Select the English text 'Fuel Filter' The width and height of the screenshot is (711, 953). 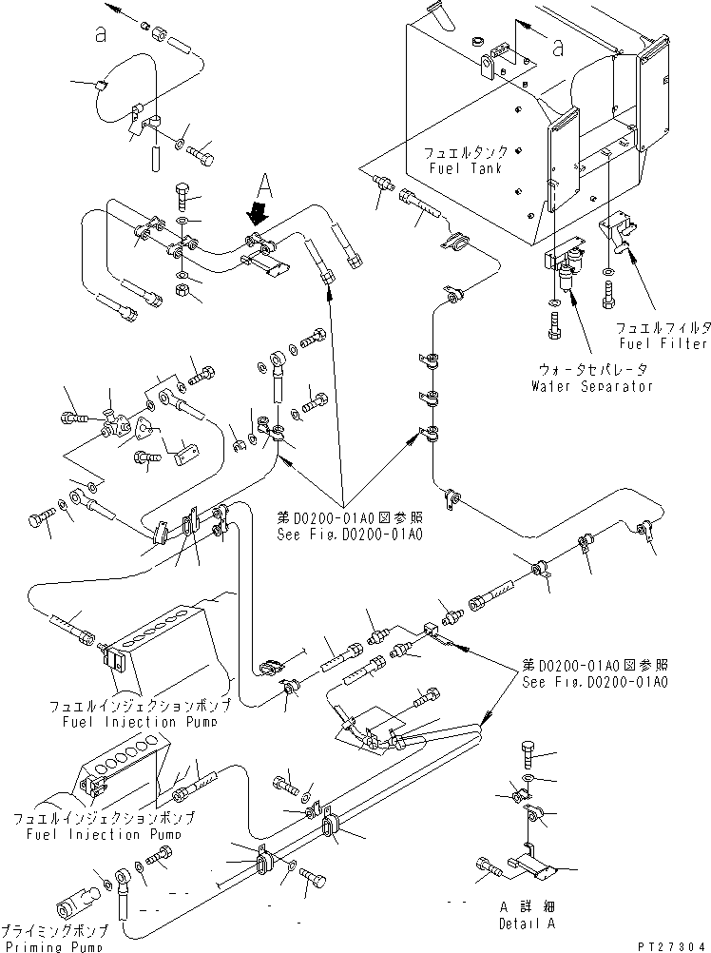coord(663,342)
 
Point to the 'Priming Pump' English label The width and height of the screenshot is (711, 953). coord(54,945)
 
